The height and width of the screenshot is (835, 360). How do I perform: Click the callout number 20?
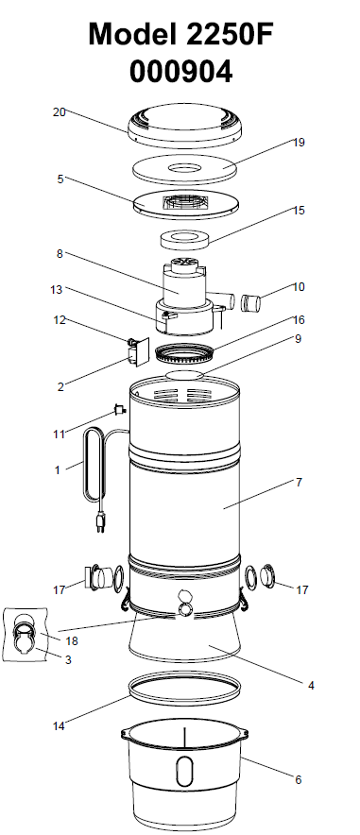click(60, 111)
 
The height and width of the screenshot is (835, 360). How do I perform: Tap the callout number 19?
click(299, 143)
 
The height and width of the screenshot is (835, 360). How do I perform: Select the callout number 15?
click(299, 211)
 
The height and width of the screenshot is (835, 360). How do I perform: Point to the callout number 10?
click(299, 286)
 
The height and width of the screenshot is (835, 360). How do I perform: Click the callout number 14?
click(60, 725)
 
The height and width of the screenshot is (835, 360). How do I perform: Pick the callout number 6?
click(299, 779)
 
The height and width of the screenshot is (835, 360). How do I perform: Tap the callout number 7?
click(299, 482)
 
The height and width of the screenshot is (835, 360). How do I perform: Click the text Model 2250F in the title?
click(180, 35)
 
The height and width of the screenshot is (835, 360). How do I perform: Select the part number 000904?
click(181, 72)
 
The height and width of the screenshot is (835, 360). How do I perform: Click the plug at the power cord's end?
click(99, 521)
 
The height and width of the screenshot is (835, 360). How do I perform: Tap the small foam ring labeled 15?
click(184, 239)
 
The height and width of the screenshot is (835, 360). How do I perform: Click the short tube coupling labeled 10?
click(250, 303)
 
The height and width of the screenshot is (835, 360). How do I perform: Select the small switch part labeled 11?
click(119, 410)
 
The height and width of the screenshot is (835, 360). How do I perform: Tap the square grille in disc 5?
click(183, 201)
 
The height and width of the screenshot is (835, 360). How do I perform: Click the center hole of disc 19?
click(185, 169)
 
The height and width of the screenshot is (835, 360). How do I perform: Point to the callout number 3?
click(68, 659)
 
